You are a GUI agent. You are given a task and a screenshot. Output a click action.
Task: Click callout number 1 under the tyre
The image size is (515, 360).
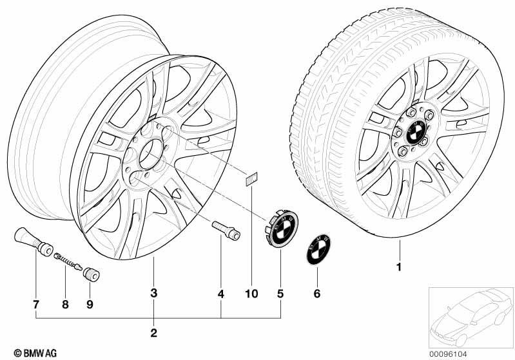point(399,267)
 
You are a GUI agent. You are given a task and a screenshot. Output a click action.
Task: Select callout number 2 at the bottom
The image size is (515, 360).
point(153,333)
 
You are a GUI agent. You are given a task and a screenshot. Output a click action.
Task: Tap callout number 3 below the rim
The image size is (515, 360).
point(153,293)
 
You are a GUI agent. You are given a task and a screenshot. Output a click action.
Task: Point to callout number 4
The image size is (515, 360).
point(221,294)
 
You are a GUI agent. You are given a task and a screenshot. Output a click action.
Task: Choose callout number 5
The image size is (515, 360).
point(280,294)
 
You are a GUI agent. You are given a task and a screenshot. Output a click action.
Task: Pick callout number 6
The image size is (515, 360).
point(316,294)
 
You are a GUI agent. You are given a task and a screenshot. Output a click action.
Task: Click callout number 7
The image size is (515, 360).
point(36,304)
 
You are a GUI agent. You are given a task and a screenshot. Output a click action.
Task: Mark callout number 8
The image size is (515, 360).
point(65,304)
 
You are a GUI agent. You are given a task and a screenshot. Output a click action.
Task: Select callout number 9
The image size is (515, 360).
point(90,304)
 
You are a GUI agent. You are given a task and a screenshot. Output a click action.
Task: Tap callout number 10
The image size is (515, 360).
point(251,294)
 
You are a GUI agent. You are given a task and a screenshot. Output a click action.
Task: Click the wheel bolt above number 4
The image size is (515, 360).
point(226,230)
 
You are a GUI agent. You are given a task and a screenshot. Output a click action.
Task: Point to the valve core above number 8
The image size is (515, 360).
point(68,261)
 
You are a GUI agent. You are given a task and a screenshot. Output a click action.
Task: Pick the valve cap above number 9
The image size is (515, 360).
point(91,274)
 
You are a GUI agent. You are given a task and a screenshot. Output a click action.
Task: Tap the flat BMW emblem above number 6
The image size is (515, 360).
point(318,249)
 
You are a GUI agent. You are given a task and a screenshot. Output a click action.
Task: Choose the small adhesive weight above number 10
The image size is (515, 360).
point(251,179)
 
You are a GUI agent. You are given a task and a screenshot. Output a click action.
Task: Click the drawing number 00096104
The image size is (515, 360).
point(448,354)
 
